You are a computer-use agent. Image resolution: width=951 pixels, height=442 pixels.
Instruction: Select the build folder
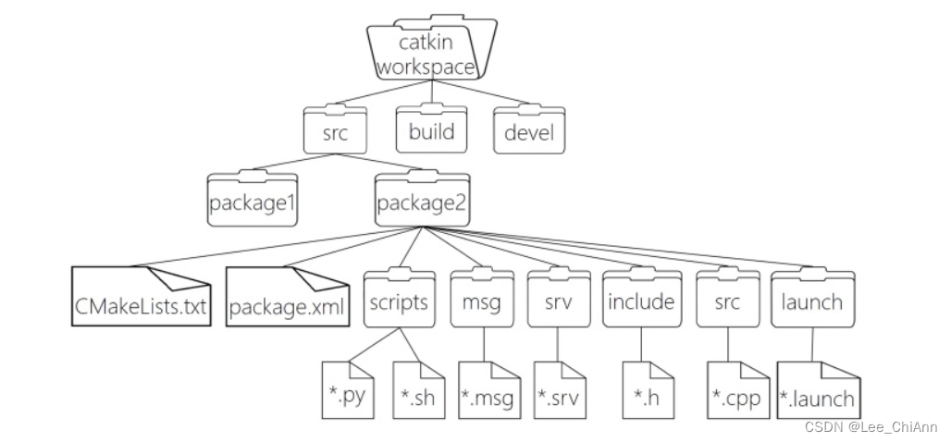coord(431,130)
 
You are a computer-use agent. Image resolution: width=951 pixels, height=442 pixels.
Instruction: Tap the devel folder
coord(529,131)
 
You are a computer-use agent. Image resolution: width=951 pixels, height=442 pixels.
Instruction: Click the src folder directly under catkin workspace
coord(334,132)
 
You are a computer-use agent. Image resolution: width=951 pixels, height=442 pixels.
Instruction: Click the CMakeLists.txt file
coord(142,300)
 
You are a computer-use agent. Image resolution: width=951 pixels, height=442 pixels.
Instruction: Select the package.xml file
coord(289,300)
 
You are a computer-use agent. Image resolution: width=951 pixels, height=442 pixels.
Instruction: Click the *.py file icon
coord(347,390)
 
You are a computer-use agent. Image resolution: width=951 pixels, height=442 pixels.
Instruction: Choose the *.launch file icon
coord(817,390)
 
